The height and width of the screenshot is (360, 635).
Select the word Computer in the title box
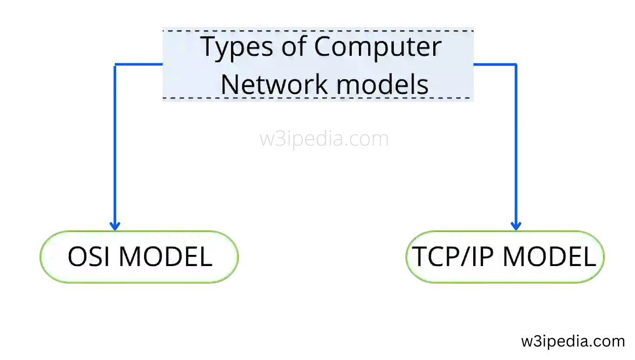(377, 47)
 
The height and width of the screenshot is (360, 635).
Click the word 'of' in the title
(291, 47)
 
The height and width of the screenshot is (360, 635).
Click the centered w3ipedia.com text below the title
(324, 139)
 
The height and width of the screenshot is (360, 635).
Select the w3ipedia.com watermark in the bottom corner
(573, 341)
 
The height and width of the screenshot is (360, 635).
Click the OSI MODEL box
(139, 257)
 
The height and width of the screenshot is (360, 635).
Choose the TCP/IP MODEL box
(505, 257)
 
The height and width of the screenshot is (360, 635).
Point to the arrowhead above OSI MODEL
(115, 226)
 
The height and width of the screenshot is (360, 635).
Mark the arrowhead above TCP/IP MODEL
(516, 226)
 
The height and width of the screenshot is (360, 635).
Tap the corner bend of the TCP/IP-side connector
(516, 65)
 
